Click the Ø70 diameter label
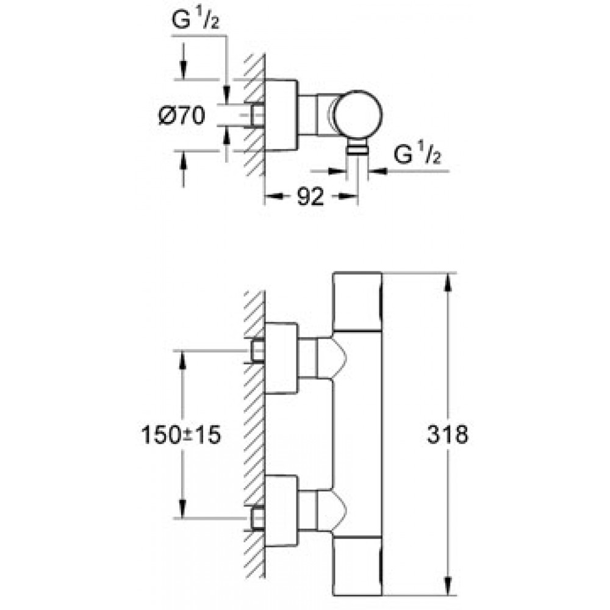click(182, 116)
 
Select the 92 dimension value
click(310, 196)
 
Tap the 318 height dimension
click(447, 434)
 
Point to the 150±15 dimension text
click(181, 434)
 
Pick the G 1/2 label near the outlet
click(417, 153)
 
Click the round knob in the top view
click(358, 115)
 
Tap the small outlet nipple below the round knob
click(357, 147)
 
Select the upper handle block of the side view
click(357, 302)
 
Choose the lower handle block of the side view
click(357, 566)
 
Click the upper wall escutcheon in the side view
click(281, 358)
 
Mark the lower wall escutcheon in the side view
click(281, 511)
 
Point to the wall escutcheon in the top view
click(281, 115)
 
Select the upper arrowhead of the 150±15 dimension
click(182, 359)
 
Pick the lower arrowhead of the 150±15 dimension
click(182, 509)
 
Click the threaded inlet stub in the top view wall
click(257, 116)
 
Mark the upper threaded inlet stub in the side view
click(257, 351)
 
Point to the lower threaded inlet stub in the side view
click(257, 519)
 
